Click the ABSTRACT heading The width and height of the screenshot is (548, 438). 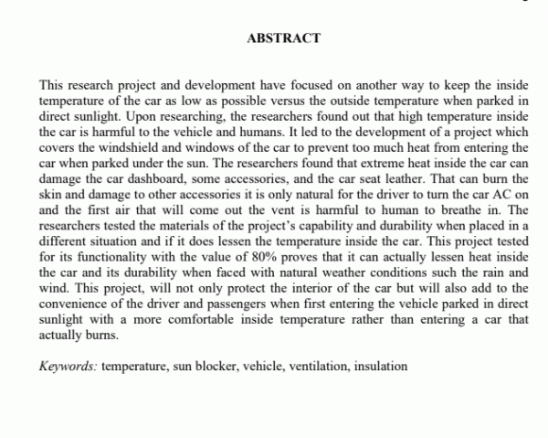pyautogui.click(x=283, y=38)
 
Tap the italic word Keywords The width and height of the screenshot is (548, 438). pyautogui.click(x=68, y=366)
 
